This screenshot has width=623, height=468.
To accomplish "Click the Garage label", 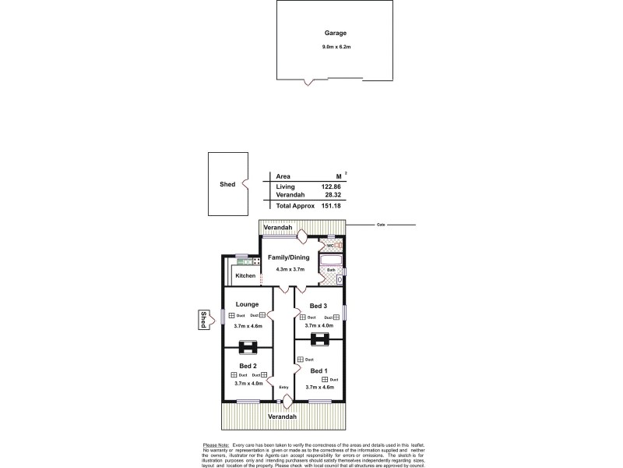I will [x=336, y=34].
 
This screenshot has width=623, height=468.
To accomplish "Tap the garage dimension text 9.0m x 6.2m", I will [x=336, y=48].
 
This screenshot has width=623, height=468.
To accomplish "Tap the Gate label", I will [x=382, y=224].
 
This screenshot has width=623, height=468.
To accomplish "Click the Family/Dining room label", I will [x=289, y=257].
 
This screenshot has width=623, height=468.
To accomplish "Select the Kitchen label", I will [x=245, y=275].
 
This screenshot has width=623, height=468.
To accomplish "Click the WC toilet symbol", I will [x=338, y=246].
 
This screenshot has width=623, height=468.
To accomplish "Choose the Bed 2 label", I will [x=248, y=366].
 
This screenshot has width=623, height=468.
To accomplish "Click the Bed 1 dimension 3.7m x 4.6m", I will [x=319, y=386].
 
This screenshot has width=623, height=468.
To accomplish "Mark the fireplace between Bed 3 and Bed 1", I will [x=319, y=339].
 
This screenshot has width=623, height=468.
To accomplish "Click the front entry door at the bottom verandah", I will [x=287, y=402].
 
